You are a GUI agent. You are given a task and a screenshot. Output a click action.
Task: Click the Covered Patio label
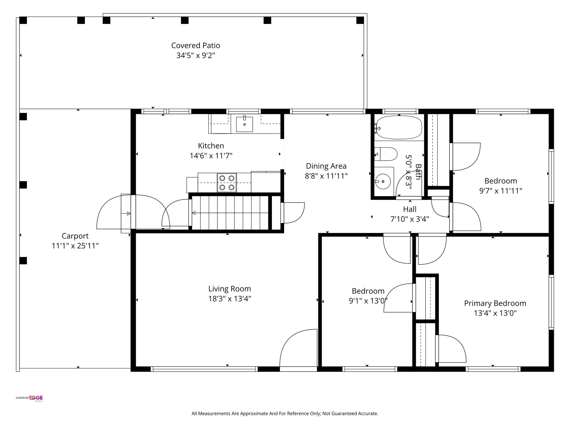click(x=195, y=45)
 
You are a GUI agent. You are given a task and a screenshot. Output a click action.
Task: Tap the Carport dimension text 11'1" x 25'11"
click(x=75, y=246)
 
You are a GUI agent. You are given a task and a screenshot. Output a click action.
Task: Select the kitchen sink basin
click(x=244, y=124)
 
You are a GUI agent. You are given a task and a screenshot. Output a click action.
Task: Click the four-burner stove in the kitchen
click(x=227, y=183)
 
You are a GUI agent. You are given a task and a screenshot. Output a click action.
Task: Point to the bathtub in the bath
click(x=399, y=127)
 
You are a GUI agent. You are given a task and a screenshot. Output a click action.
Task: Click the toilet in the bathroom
click(x=387, y=154)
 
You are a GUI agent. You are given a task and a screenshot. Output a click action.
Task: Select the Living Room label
click(x=230, y=289)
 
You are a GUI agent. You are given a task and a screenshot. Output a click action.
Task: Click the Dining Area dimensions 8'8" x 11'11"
click(x=326, y=176)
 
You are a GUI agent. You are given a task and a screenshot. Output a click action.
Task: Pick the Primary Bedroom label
click(x=495, y=303)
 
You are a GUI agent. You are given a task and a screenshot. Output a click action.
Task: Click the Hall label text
click(x=410, y=209)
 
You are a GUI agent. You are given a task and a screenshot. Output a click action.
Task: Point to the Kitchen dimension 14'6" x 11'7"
click(x=211, y=156)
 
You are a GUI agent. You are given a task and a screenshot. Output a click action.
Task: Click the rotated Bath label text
click(x=418, y=172)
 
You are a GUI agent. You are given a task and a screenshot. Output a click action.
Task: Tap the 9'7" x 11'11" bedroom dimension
click(x=500, y=191)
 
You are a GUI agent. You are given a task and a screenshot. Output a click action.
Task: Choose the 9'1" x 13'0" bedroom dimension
click(x=368, y=301)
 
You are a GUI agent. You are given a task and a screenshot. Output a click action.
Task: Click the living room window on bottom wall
click(x=204, y=369)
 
